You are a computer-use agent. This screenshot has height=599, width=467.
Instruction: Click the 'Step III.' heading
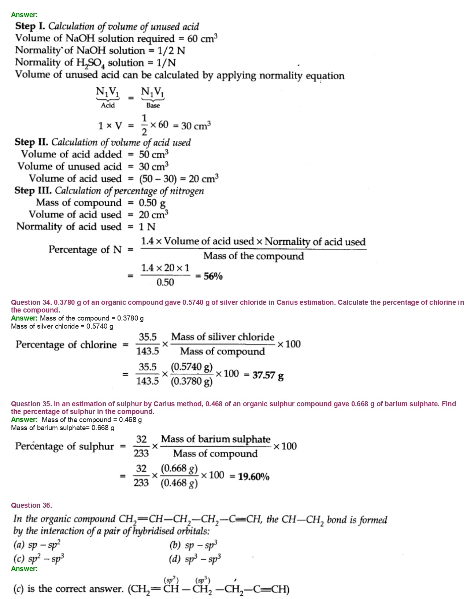coord(33,191)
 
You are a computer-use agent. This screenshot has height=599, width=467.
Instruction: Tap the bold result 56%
coord(213,276)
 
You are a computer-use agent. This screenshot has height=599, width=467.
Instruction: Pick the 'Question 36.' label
coord(31,505)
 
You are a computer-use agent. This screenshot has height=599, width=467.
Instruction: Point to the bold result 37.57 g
coord(268,375)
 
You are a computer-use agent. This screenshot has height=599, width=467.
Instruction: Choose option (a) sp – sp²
coord(37,545)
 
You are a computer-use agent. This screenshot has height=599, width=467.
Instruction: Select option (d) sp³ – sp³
coord(195,559)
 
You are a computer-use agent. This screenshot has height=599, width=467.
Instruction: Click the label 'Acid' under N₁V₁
coord(108,106)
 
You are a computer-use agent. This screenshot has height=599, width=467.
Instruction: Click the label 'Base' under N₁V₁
coord(153,106)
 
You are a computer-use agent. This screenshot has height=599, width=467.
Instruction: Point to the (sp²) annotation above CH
coord(171,580)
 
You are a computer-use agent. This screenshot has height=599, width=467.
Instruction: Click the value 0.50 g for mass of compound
coord(152,203)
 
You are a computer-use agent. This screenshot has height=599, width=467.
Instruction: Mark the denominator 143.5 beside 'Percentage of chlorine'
coord(148,351)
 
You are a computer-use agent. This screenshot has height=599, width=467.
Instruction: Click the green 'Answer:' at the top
coord(24,15)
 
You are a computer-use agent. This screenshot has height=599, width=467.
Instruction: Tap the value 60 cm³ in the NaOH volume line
coord(202,38)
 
